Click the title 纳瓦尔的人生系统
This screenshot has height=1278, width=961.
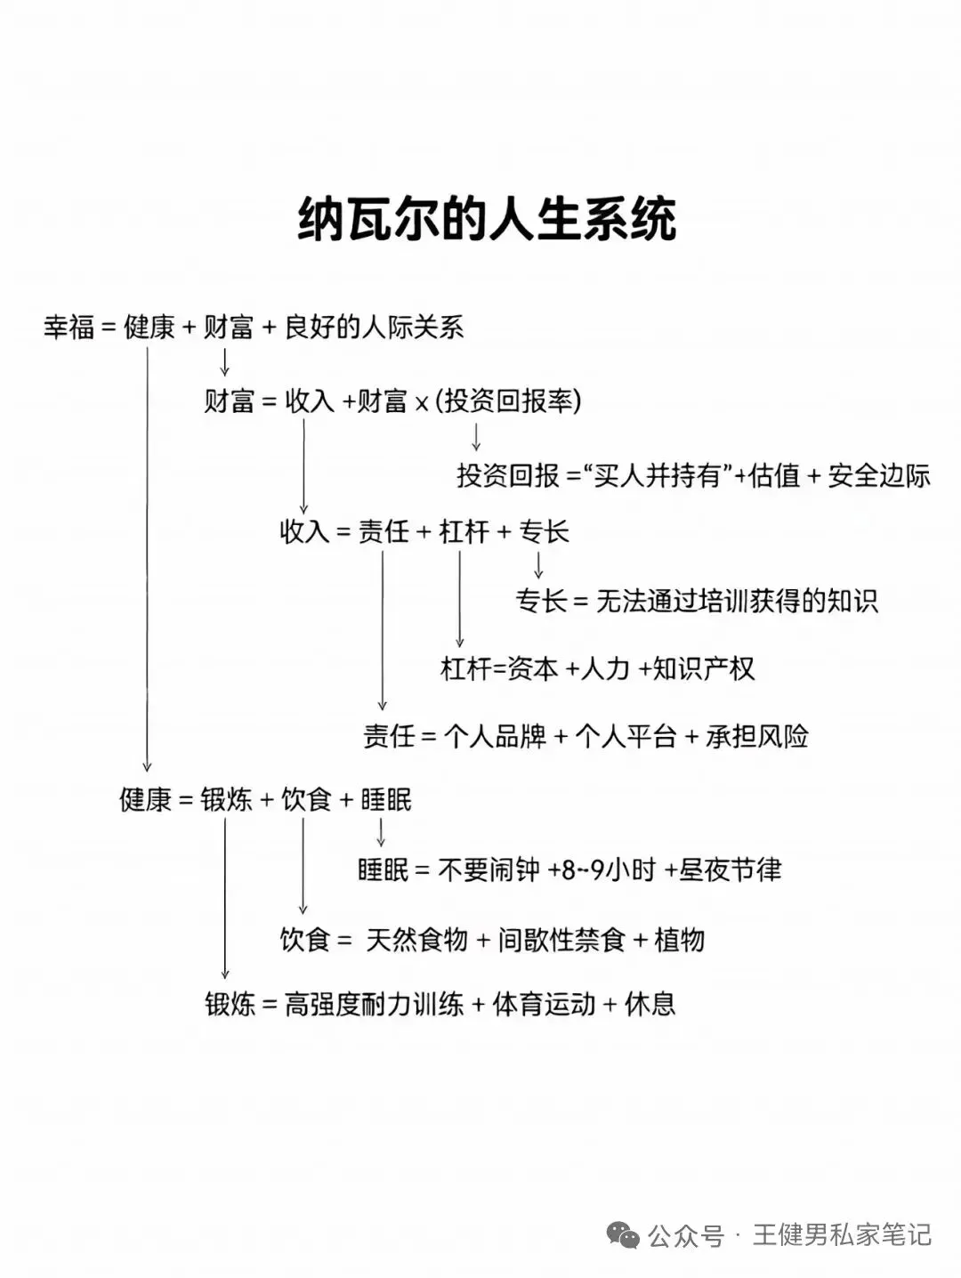[x=487, y=220]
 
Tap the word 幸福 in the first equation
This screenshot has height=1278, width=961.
[x=69, y=328]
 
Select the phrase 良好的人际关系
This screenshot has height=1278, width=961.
[x=374, y=328]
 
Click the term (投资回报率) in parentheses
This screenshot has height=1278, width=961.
[x=508, y=401]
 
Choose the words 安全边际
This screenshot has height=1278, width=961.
[x=878, y=475]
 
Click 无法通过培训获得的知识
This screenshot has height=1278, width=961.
[x=736, y=601]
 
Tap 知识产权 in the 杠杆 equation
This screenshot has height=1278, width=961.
[x=703, y=668]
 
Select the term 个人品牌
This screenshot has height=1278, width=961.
[x=494, y=737]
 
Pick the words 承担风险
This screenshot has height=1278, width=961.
[x=756, y=737]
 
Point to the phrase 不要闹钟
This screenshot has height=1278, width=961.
[x=489, y=870]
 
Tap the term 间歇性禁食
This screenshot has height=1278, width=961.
[x=561, y=940]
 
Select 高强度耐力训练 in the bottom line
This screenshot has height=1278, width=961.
[x=374, y=1005]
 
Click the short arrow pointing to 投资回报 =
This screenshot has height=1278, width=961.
[x=476, y=437]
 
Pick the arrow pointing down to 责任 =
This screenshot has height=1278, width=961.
[x=383, y=632]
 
